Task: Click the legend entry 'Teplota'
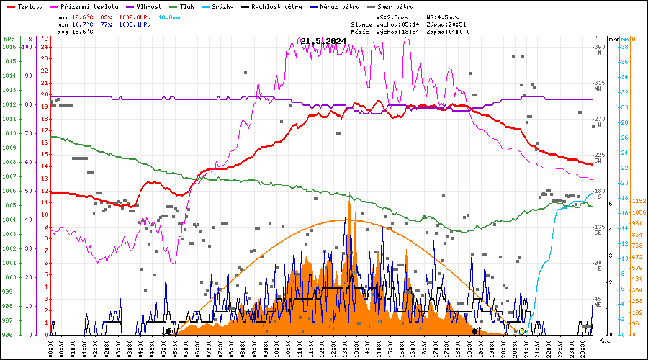[25, 6]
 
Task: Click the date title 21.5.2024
[323, 41]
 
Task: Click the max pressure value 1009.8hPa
[135, 17]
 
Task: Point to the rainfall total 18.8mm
[169, 17]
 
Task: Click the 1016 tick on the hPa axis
[9, 47]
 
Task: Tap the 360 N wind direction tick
[598, 50]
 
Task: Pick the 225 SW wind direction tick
[598, 158]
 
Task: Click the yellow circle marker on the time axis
[523, 331]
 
